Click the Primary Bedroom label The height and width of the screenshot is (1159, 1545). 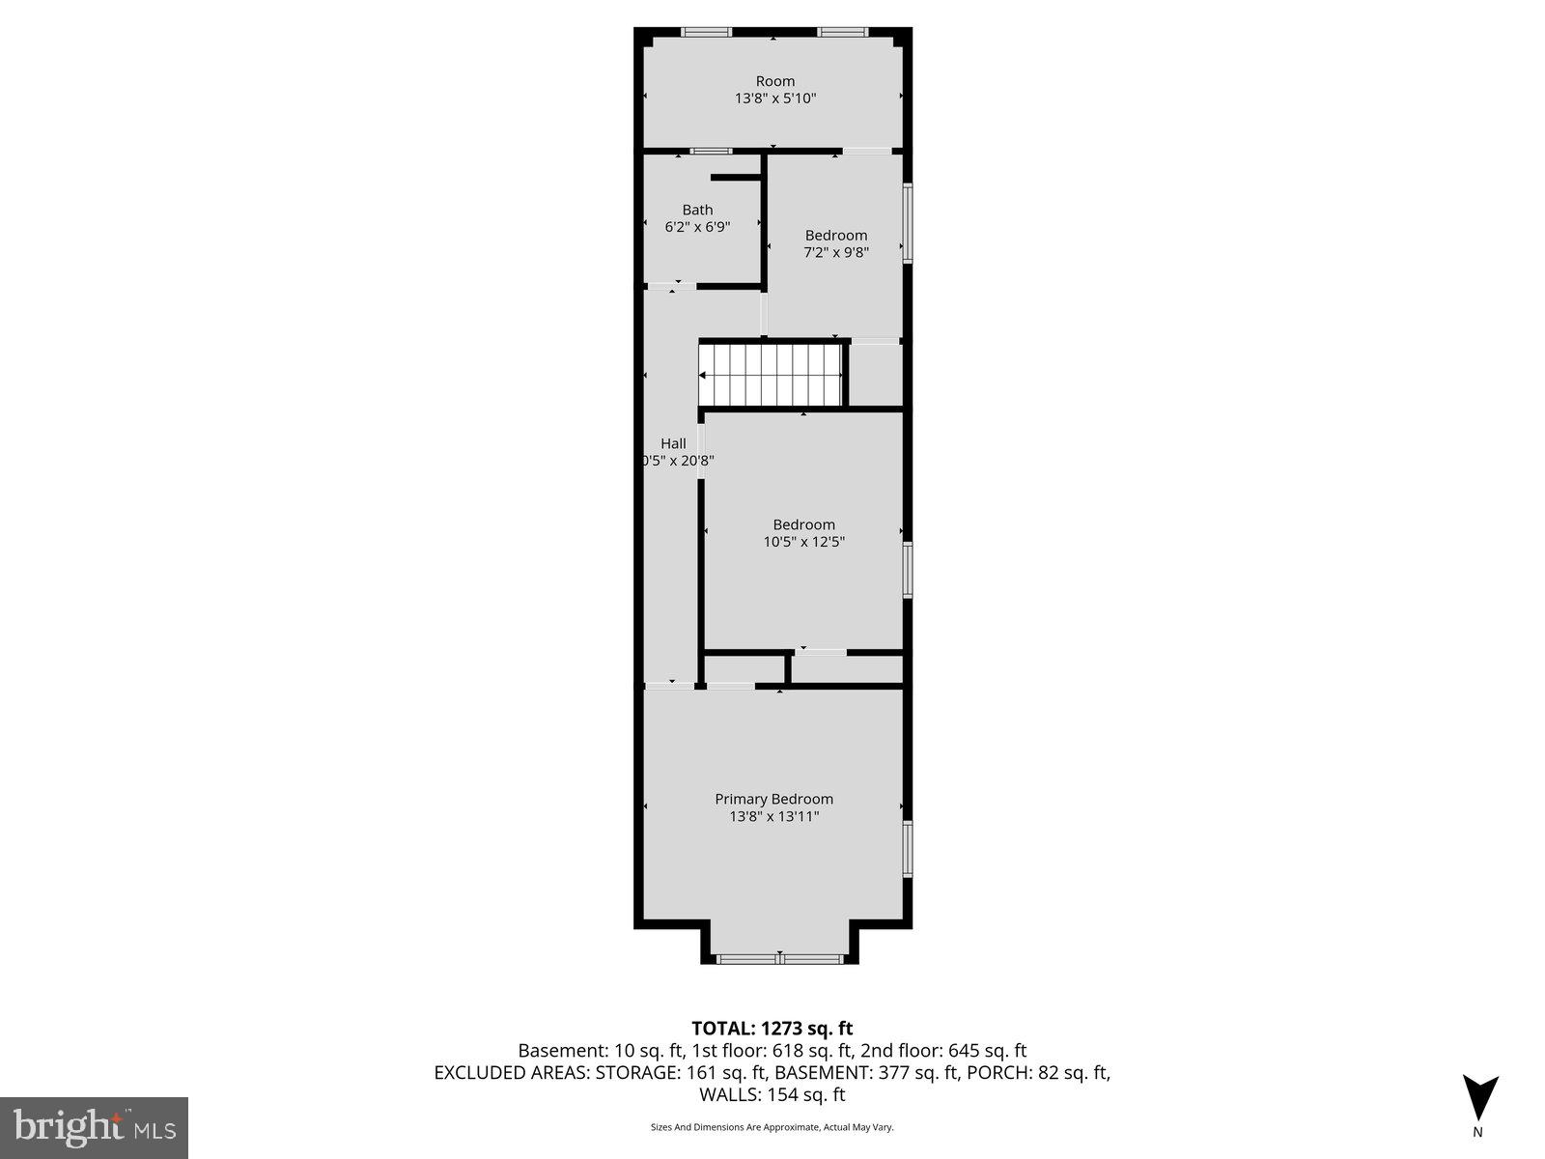773,799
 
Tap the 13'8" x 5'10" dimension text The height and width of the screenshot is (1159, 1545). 775,99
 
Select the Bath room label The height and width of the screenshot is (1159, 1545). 697,210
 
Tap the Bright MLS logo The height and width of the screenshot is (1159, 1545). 94,1127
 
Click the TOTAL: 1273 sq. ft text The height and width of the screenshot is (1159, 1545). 772,1029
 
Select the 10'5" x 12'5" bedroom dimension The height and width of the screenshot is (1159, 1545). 803,542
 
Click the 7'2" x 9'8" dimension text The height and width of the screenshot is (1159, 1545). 836,252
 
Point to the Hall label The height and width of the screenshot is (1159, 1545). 673,443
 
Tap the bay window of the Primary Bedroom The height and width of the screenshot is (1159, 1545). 779,958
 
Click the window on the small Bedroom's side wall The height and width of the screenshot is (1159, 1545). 908,223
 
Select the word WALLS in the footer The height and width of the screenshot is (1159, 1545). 731,1094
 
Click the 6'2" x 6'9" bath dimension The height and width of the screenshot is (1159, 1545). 697,227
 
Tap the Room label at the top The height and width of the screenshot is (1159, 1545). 775,81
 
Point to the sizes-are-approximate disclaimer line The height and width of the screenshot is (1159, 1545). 772,1127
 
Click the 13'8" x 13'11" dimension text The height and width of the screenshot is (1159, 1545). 773,816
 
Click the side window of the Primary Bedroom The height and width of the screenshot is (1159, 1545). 908,848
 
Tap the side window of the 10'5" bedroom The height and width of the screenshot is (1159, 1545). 908,570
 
